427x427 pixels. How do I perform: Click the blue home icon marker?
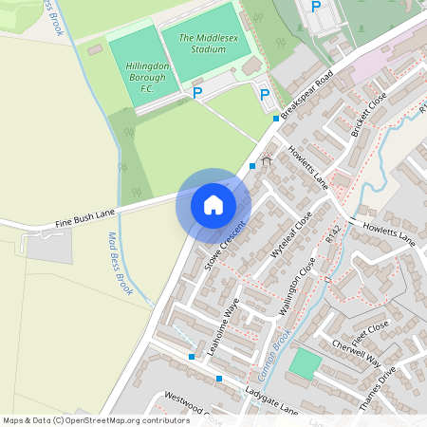click(x=213, y=204)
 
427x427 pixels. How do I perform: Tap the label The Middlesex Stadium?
click(x=198, y=43)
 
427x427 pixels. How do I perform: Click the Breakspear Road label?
click(x=308, y=92)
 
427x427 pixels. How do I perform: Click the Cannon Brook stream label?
click(x=272, y=350)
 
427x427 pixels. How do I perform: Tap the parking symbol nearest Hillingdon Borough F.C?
click(x=197, y=93)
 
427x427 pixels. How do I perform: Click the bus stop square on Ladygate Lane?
click(x=219, y=379)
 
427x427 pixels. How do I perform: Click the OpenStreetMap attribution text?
click(x=96, y=419)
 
